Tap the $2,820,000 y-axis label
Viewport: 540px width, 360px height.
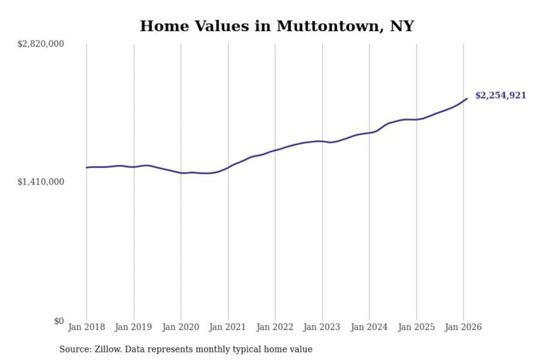point(40,44)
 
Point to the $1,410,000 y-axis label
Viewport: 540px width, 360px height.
point(40,182)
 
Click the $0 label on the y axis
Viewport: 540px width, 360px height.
point(59,321)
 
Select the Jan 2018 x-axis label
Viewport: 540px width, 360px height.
point(86,327)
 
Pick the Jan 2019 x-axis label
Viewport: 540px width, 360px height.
point(133,327)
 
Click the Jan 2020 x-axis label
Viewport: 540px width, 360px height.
point(180,327)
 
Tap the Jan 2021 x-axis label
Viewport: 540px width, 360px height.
point(227,327)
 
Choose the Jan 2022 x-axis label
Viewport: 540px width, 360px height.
point(274,327)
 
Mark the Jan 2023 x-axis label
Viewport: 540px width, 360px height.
point(321,327)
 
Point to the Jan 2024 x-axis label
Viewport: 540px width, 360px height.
point(369,327)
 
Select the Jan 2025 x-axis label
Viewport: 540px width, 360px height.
point(416,327)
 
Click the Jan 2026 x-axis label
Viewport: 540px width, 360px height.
point(463,327)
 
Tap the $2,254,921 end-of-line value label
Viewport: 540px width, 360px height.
point(501,95)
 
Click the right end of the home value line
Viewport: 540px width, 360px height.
point(467,99)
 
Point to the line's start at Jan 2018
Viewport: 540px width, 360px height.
point(87,168)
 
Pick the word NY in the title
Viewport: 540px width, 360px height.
point(402,26)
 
